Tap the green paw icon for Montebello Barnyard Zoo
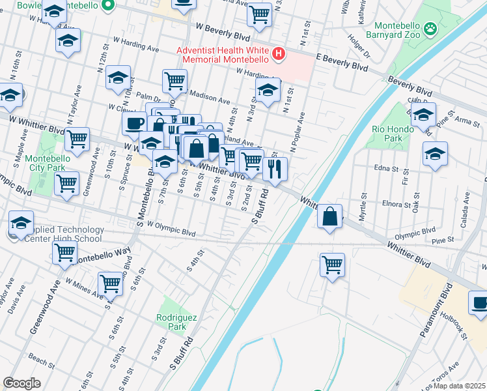[x=430, y=28]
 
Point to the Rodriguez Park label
[x=173, y=322]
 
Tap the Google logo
[x=21, y=383]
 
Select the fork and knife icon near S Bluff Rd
[x=275, y=169]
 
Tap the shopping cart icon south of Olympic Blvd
[x=332, y=265]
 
